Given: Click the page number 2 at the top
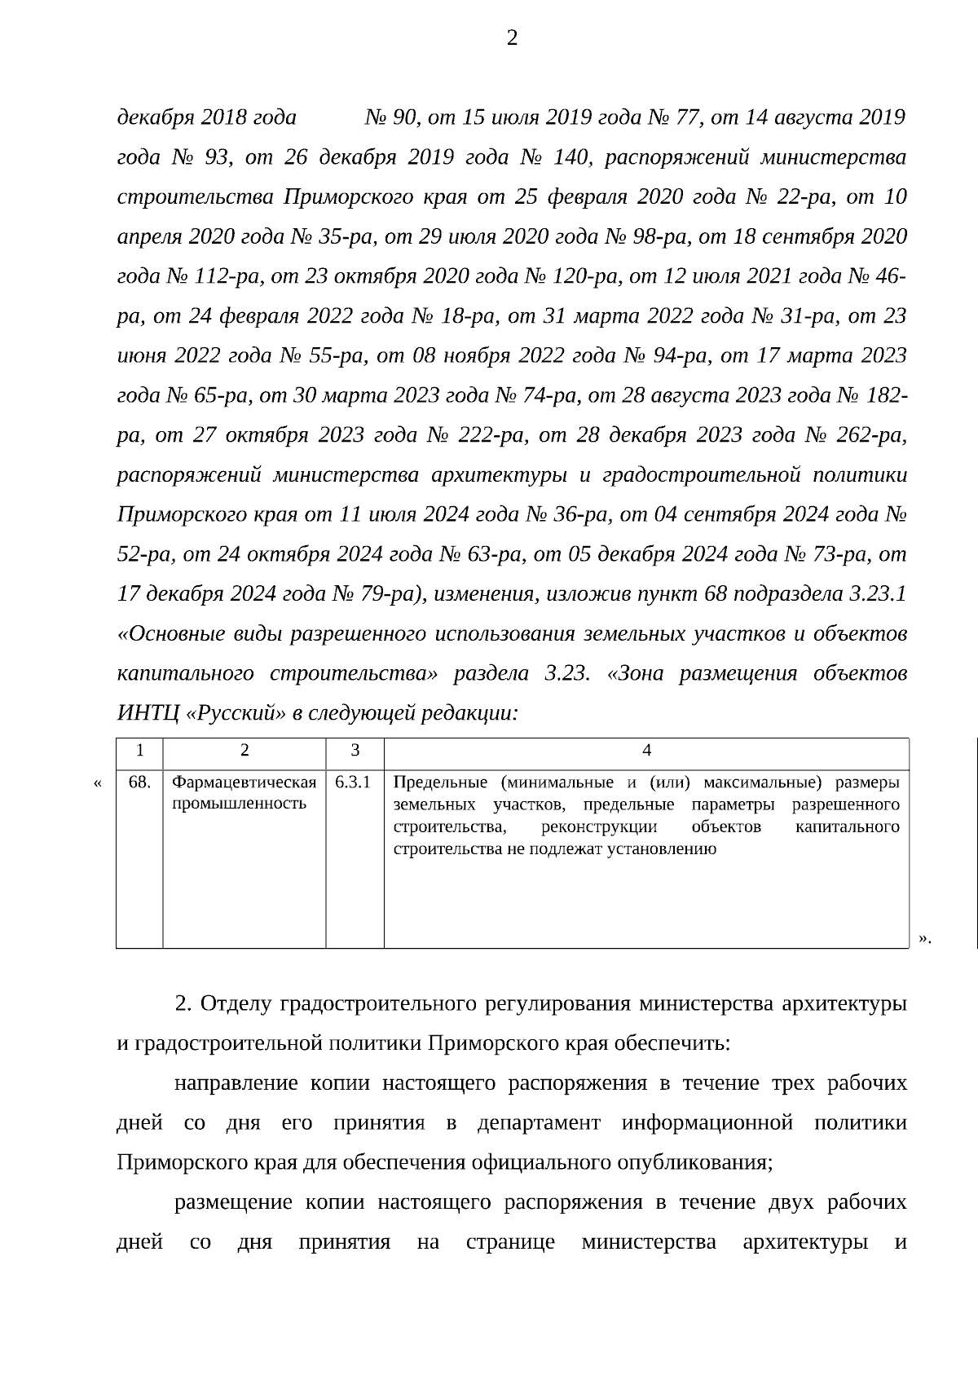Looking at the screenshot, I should [x=512, y=38].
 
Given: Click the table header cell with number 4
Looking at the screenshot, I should [x=646, y=751].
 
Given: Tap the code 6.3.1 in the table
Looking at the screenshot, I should [x=353, y=782].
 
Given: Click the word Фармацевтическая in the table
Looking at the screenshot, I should [x=244, y=782].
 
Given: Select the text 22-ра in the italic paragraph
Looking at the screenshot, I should [x=810, y=197].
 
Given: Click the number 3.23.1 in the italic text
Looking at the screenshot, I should [x=877, y=593].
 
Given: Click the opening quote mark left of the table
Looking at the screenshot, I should [x=98, y=784].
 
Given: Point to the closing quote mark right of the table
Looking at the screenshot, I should [x=923, y=937].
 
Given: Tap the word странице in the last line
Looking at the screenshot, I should [x=510, y=1243].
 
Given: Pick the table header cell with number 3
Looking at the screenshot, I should [x=355, y=751].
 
